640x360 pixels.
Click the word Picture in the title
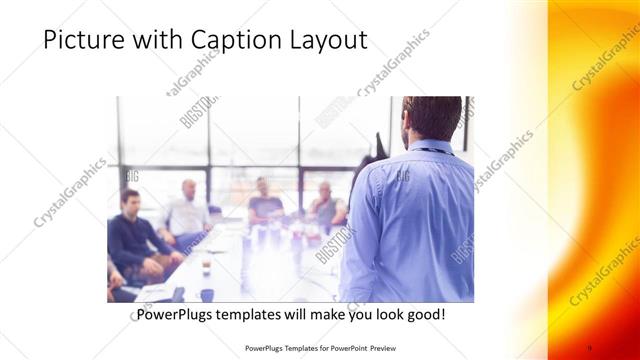coord(83,41)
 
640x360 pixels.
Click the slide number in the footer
coord(590,349)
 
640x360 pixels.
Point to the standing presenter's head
coord(431,118)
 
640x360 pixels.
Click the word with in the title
coord(159,41)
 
